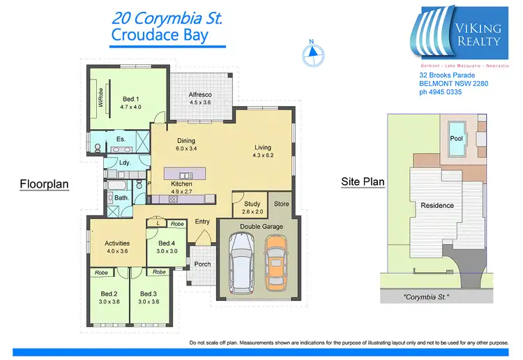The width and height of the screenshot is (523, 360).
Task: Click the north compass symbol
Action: (313, 50)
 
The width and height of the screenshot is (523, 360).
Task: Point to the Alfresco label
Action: (200, 94)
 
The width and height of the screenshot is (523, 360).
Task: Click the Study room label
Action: (252, 204)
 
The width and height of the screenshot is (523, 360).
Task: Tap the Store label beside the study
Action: (281, 204)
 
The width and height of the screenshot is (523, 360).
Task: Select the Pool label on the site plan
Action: (456, 138)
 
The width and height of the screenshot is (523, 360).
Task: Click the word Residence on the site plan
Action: (437, 205)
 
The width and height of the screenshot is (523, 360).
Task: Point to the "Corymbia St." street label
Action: (426, 298)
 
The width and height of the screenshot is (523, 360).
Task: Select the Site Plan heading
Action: (362, 182)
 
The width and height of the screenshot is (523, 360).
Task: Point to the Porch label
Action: (202, 264)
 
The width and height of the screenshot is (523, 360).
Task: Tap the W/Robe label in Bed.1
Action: (100, 98)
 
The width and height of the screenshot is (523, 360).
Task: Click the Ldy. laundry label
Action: (125, 163)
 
